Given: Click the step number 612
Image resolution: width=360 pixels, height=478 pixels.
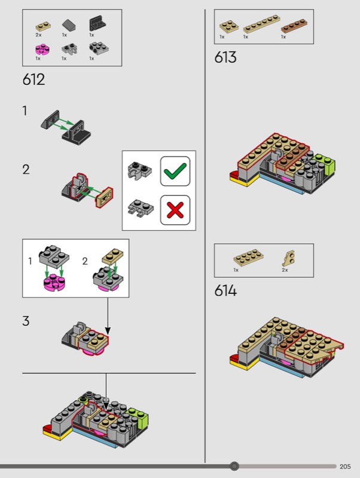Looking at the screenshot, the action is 33,79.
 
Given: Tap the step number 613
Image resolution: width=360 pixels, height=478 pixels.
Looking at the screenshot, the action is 225,57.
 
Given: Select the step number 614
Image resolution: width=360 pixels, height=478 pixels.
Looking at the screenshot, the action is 225,290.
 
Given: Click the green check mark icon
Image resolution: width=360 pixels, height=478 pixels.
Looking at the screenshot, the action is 175,171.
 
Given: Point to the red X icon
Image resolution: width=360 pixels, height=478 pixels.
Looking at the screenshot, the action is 175,210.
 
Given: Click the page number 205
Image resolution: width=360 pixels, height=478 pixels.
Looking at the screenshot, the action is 345,467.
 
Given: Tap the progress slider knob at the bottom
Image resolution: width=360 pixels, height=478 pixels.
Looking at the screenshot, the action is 234,466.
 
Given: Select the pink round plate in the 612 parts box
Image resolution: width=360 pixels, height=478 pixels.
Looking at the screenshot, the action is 42,50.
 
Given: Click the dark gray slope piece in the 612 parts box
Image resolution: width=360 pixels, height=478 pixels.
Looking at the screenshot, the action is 69,26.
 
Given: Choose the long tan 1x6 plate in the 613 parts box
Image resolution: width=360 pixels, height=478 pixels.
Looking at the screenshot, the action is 261,24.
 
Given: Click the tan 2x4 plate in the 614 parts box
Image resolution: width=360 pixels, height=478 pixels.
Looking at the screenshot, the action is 248,258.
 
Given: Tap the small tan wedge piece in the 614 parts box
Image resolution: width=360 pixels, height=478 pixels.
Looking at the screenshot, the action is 289,259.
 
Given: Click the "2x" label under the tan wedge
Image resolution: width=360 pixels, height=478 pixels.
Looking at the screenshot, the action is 285,270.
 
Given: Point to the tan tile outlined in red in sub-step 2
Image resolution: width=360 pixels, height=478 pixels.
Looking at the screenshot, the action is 104,197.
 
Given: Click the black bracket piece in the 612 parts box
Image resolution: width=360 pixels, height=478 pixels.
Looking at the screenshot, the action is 97,23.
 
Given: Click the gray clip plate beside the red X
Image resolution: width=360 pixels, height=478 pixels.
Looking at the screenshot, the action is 141,209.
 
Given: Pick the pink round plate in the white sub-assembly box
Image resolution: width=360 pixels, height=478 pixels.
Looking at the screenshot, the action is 55,283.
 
